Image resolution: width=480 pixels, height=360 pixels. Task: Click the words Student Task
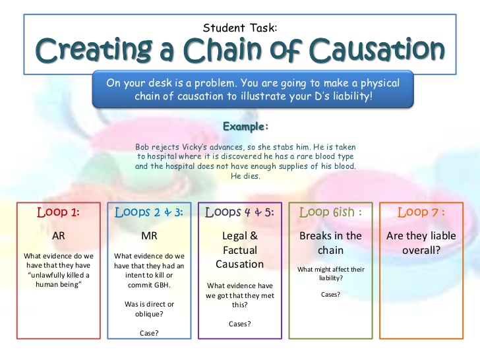click(240, 28)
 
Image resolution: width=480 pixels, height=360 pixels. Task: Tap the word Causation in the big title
click(377, 49)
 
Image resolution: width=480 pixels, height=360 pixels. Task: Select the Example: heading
click(245, 127)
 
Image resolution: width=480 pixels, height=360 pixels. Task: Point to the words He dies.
click(245, 176)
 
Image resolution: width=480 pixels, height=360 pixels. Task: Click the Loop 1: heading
click(58, 212)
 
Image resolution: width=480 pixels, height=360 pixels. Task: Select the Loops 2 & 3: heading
click(149, 212)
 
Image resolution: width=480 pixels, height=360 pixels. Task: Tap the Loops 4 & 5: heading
click(239, 212)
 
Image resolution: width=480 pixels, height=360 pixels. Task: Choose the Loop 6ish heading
click(326, 212)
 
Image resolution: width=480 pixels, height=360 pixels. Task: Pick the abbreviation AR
click(59, 236)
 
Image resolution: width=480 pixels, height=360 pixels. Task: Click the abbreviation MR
click(149, 236)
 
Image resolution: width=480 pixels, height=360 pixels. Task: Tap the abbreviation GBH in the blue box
click(163, 285)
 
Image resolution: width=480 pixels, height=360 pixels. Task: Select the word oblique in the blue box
click(149, 314)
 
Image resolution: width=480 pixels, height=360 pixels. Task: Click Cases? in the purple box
click(240, 324)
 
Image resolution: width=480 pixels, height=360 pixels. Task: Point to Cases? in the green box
click(330, 295)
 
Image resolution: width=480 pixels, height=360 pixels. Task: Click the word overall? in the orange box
click(421, 251)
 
